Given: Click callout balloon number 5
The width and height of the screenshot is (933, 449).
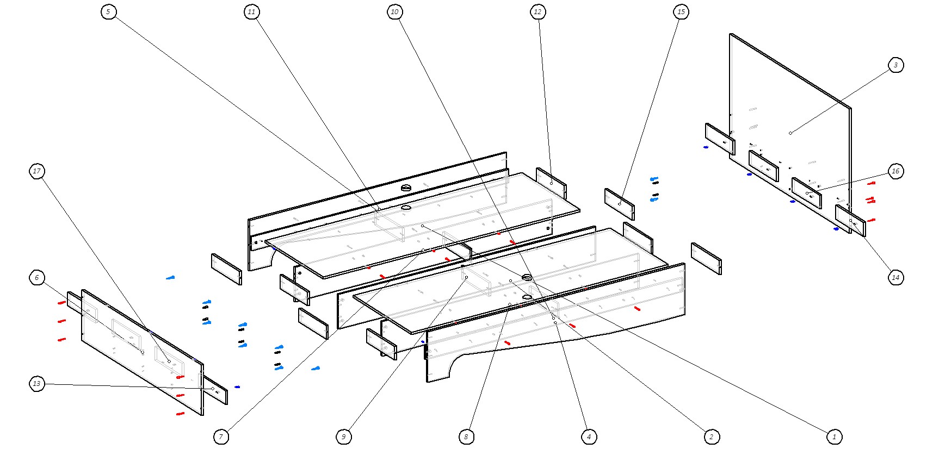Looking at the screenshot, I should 108,12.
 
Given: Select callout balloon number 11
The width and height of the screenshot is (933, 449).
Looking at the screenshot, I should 251,12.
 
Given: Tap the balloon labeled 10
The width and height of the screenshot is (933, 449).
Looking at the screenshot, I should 395,12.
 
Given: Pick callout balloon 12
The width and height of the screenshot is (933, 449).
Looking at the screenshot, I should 538,12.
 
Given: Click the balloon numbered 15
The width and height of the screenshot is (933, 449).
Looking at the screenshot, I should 681,12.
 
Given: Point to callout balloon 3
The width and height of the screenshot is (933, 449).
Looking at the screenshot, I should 895,65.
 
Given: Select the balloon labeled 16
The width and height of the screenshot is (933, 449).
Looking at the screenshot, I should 895,171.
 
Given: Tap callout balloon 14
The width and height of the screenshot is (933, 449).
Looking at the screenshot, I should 895,277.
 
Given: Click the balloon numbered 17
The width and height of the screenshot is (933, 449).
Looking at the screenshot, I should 37,171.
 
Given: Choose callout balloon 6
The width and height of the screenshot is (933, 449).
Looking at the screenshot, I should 37,278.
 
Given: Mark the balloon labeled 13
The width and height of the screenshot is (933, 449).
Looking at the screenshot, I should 37,384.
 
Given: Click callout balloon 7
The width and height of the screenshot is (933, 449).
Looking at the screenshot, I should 221,436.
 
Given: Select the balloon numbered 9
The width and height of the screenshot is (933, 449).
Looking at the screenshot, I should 343,436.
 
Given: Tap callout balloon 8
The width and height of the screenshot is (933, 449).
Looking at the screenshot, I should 466,436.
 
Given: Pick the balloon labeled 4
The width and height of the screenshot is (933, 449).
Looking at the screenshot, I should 589,436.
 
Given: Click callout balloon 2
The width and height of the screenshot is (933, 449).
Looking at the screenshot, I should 711,436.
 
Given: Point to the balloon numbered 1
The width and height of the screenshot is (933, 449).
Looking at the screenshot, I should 834,436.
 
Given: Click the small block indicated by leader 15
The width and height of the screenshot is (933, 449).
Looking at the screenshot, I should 619,204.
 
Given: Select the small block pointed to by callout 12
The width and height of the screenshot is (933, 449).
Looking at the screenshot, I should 551,183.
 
